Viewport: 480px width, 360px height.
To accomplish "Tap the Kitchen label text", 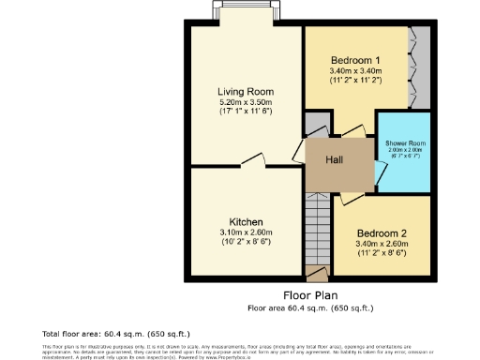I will click(x=245, y=222).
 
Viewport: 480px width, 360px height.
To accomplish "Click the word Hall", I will click(x=334, y=160).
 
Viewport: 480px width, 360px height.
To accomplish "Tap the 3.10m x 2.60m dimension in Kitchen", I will click(x=245, y=232).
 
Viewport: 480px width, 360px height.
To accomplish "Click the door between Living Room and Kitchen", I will click(x=251, y=163).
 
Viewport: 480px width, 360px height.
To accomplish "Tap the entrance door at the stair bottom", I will click(x=317, y=274).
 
